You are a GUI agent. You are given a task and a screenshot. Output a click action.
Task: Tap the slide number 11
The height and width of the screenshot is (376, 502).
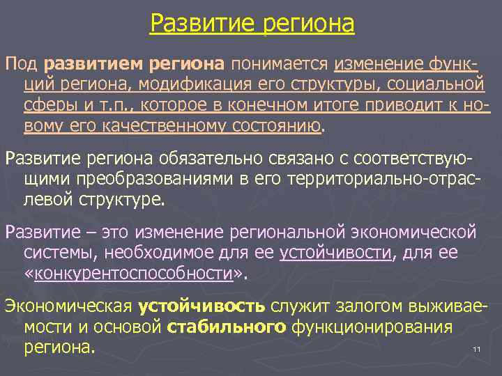pyautogui.click(x=477, y=349)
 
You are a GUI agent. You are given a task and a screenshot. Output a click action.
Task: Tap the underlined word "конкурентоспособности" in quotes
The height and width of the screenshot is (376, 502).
pyautogui.click(x=133, y=273)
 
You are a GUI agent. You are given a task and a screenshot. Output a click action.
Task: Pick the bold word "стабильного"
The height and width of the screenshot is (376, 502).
pyautogui.click(x=221, y=326)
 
